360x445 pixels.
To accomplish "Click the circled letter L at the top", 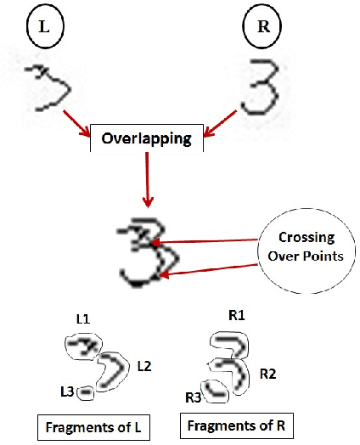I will pos(42,28).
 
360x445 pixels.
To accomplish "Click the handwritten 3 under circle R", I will pos(260,88).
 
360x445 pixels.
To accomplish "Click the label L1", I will pos(83,320).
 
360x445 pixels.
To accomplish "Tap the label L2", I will pos(145,366).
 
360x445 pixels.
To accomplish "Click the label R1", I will pos(236,315).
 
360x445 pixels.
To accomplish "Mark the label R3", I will pos(194,397).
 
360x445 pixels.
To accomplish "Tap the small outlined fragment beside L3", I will pos(85,392).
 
